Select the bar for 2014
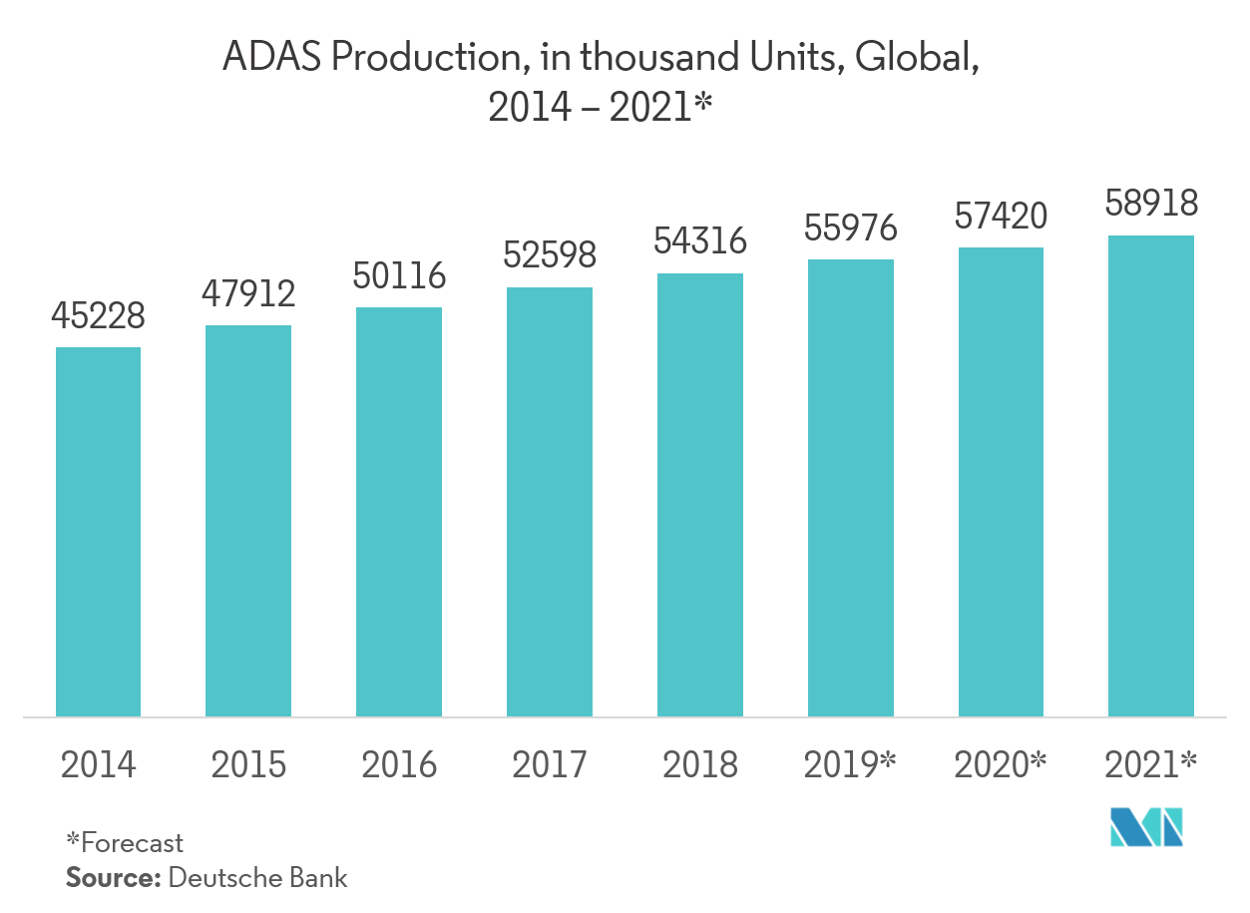98,531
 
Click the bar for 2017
549,501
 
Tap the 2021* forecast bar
1150,475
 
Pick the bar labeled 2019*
850,487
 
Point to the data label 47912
248,294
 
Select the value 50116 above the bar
399,275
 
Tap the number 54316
699,241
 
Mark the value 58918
1150,204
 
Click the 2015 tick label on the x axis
248,765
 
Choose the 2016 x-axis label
399,765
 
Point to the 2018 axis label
699,765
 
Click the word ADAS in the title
268,58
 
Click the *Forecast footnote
125,842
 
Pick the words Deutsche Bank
258,878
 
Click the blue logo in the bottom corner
1147,826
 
